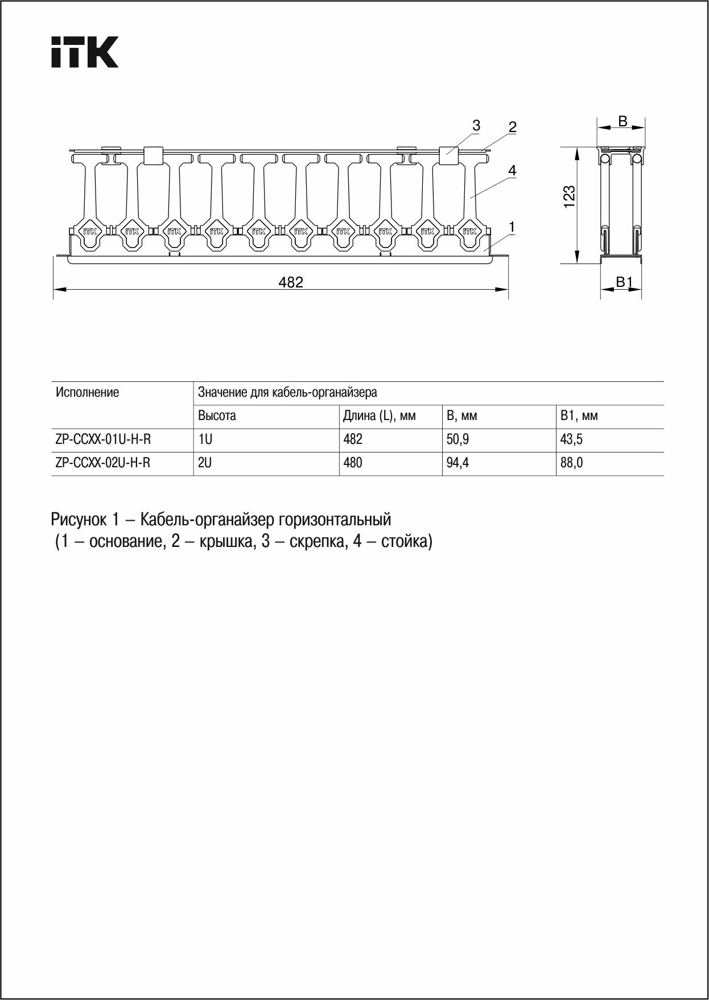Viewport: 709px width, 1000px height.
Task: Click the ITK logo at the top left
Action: click(85, 52)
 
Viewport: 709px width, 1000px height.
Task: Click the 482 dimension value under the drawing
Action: click(291, 282)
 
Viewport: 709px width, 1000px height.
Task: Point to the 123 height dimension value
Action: click(569, 197)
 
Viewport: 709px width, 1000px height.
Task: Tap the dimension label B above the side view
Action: click(623, 121)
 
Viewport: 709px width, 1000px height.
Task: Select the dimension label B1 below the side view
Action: click(624, 282)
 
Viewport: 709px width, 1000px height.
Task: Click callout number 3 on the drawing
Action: click(476, 125)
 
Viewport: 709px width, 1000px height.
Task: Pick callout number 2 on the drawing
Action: click(512, 127)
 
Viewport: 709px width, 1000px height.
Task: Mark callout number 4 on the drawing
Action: click(512, 170)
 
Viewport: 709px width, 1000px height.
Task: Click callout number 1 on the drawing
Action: click(512, 227)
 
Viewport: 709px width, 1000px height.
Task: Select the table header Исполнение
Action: click(88, 392)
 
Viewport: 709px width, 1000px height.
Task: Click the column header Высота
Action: click(217, 416)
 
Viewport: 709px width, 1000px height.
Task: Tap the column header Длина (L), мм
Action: click(379, 416)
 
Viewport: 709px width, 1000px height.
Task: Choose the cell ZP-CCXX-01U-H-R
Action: click(103, 439)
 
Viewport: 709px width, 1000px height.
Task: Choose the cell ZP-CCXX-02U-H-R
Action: click(103, 463)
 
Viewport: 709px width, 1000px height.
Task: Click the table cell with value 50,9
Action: click(457, 439)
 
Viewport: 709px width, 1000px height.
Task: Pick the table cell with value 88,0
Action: click(571, 463)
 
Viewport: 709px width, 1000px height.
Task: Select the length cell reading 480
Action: click(353, 463)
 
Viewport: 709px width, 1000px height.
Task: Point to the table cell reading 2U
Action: click(205, 463)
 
